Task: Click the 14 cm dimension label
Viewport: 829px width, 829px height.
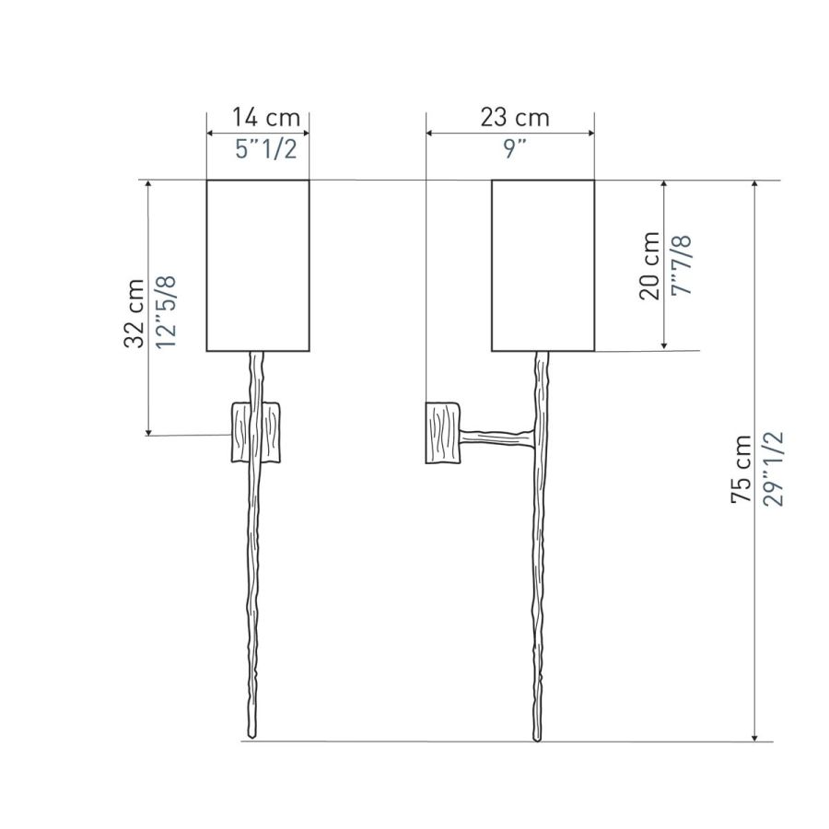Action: [266, 117]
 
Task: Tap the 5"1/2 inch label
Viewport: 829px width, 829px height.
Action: [266, 149]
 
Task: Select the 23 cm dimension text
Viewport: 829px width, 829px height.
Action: [514, 117]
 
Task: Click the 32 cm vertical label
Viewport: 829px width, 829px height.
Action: [134, 313]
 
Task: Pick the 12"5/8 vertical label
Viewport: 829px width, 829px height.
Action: [166, 311]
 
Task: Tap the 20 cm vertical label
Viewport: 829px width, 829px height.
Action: [649, 266]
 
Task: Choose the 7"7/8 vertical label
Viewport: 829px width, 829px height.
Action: [682, 265]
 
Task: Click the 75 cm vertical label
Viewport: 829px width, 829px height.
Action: [741, 469]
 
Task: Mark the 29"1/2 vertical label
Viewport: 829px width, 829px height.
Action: [773, 470]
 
